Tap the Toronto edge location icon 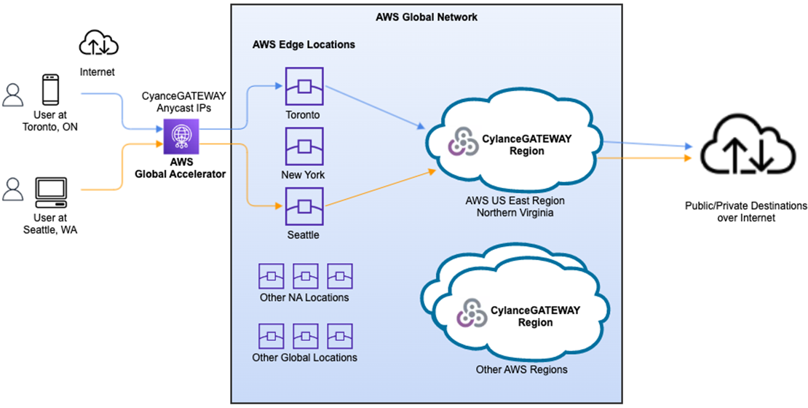tap(304, 87)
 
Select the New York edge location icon tap(304, 146)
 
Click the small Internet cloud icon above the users tap(96, 44)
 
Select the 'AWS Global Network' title tap(426, 16)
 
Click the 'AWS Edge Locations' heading tap(303, 44)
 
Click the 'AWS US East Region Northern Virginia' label tap(515, 206)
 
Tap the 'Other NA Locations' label tap(304, 297)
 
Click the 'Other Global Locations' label tap(304, 358)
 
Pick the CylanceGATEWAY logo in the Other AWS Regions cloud tap(470, 311)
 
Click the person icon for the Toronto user tap(13, 94)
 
